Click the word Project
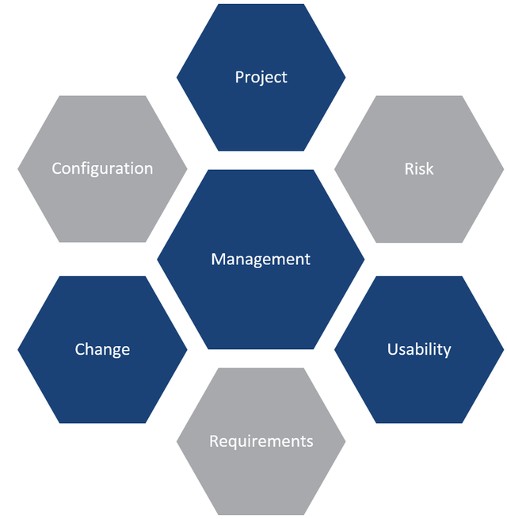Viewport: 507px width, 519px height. (x=261, y=78)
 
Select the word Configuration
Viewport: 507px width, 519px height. (x=102, y=169)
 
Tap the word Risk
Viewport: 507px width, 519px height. (x=419, y=169)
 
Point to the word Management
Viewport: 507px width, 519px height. (x=261, y=259)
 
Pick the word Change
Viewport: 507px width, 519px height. (x=102, y=350)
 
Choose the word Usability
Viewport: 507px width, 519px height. (x=419, y=349)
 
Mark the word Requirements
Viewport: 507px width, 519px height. (x=261, y=441)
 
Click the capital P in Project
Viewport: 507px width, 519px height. (x=239, y=77)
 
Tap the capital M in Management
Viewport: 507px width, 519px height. (x=219, y=259)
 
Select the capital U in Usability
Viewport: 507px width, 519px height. (x=393, y=349)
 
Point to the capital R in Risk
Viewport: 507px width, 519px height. (x=410, y=169)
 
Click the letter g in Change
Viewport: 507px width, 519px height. (x=113, y=352)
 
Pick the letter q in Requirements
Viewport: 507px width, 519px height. (x=231, y=443)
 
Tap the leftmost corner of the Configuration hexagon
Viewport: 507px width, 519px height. (x=17, y=169)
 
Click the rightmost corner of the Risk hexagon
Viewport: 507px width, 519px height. (x=504, y=169)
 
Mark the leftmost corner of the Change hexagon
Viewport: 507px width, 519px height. (x=17, y=349)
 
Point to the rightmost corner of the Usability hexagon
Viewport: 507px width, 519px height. (x=504, y=349)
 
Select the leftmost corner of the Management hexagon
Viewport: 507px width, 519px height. (x=157, y=259)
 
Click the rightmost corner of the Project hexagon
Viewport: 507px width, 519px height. (x=345, y=78)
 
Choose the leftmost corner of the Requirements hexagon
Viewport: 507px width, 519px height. (x=177, y=441)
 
